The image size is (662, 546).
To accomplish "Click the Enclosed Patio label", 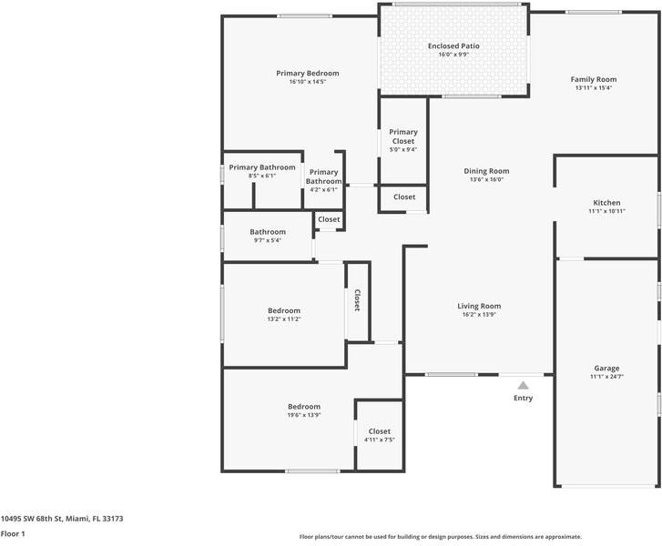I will pyautogui.click(x=453, y=45).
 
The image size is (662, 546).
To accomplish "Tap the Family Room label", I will pyautogui.click(x=594, y=79).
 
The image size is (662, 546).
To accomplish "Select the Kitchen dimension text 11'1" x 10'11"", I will pyautogui.click(x=606, y=211).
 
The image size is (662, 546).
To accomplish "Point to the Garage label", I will pyautogui.click(x=606, y=368).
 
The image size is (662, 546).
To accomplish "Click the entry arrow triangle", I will pyautogui.click(x=523, y=385).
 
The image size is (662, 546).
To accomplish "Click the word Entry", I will pyautogui.click(x=524, y=398).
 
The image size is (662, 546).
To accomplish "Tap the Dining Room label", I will pyautogui.click(x=486, y=171).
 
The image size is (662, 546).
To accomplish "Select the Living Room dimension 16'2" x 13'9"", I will pyautogui.click(x=479, y=315).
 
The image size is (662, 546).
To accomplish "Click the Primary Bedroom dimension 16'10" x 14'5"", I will pyautogui.click(x=308, y=82).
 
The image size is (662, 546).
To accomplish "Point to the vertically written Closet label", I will pyautogui.click(x=358, y=300).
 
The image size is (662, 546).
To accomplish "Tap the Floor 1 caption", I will pyautogui.click(x=12, y=534).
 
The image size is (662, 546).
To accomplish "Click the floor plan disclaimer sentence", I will pyautogui.click(x=441, y=537).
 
